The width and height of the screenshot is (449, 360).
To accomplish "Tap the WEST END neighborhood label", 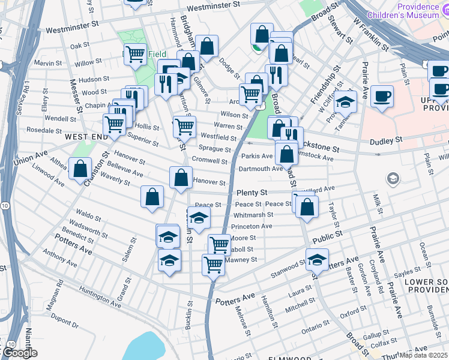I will pyautogui.click(x=87, y=137).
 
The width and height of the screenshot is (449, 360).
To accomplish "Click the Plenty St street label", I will pyautogui.click(x=252, y=193).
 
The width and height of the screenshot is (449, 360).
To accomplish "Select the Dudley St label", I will pyautogui.click(x=385, y=140).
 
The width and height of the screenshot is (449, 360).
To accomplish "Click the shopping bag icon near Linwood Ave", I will pyautogui.click(x=80, y=169).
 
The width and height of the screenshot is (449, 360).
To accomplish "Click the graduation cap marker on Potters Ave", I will pyautogui.click(x=317, y=260).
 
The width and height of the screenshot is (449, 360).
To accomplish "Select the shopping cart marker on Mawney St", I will pyautogui.click(x=213, y=263).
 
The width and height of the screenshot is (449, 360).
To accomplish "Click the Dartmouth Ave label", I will pyautogui.click(x=261, y=169).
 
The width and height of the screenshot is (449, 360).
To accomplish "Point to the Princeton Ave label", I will pyautogui.click(x=252, y=226).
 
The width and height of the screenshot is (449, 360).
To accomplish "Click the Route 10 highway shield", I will pyautogui.click(x=5, y=205).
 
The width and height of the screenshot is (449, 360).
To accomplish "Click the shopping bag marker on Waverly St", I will pyautogui.click(x=152, y=196).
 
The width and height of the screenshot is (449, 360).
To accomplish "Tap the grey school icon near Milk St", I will pyautogui.click(x=393, y=178).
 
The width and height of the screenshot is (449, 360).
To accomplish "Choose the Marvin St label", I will pyautogui.click(x=44, y=62).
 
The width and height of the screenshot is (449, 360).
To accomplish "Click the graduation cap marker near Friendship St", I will pyautogui.click(x=345, y=103).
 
